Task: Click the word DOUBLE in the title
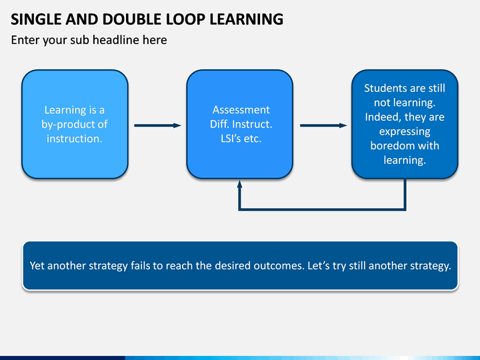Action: pos(132,19)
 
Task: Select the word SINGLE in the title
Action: pos(36,19)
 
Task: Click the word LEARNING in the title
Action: pos(246,19)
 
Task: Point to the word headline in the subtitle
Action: pos(117,40)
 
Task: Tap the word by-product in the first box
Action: pos(64,124)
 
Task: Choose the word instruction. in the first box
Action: pos(75,139)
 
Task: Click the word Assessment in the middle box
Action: pos(241,109)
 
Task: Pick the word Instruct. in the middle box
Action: pos(252,124)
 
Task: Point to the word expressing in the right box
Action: pos(405,131)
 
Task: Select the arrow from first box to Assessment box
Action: pos(157,125)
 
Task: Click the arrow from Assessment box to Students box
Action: pos(323,125)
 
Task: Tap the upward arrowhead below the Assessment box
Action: pos(240,184)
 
